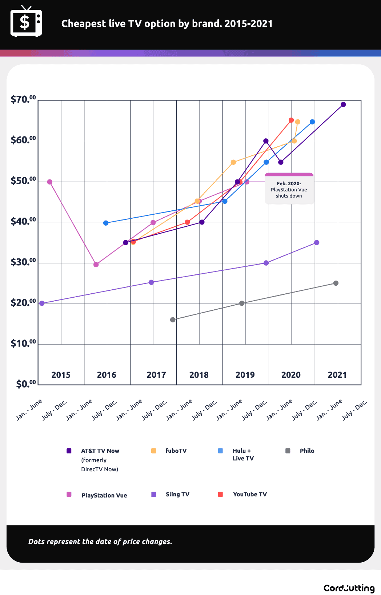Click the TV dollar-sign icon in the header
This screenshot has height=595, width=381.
coord(26,22)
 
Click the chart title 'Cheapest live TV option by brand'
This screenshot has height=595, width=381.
coord(167,24)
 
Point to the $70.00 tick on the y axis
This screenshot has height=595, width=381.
coord(23,99)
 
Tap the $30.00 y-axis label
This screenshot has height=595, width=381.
coord(23,262)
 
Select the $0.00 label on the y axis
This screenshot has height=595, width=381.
coord(26,384)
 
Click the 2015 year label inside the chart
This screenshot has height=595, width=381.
coord(61,375)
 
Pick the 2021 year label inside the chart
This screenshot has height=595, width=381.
coord(337,375)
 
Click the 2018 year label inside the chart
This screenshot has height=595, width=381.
coord(199,375)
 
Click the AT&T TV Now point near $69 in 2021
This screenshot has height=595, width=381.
coord(343,104)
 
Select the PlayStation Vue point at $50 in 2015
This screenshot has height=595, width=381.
coord(50,182)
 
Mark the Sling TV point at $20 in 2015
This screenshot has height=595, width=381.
coord(42,303)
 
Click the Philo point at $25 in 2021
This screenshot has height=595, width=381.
coord(336,283)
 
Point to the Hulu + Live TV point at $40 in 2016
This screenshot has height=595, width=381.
coord(106,223)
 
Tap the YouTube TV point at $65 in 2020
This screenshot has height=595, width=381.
coord(291,120)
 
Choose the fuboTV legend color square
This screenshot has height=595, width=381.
coord(154,451)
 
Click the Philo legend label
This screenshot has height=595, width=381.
coord(307,451)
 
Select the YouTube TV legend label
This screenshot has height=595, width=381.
coord(250,494)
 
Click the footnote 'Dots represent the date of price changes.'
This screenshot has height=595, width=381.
coord(100,542)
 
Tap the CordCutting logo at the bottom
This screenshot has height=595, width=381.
coord(349,588)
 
